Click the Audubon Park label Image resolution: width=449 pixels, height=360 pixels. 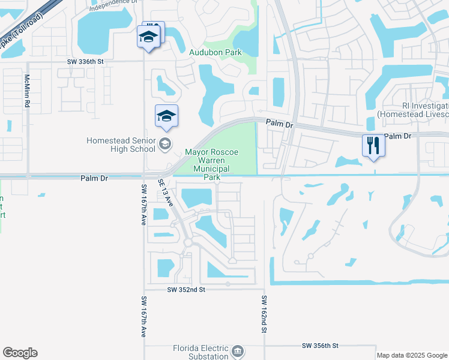(x=215, y=53)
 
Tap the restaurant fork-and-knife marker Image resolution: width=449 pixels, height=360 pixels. (x=373, y=146)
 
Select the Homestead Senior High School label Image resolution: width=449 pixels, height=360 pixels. (x=121, y=145)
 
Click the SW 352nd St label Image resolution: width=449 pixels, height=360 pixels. (x=186, y=289)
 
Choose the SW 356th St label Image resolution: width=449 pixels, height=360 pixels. (x=320, y=346)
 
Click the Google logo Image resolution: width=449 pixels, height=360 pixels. (x=20, y=353)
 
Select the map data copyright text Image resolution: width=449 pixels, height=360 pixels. (x=412, y=355)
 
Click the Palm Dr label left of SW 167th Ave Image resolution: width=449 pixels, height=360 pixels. (x=94, y=178)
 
